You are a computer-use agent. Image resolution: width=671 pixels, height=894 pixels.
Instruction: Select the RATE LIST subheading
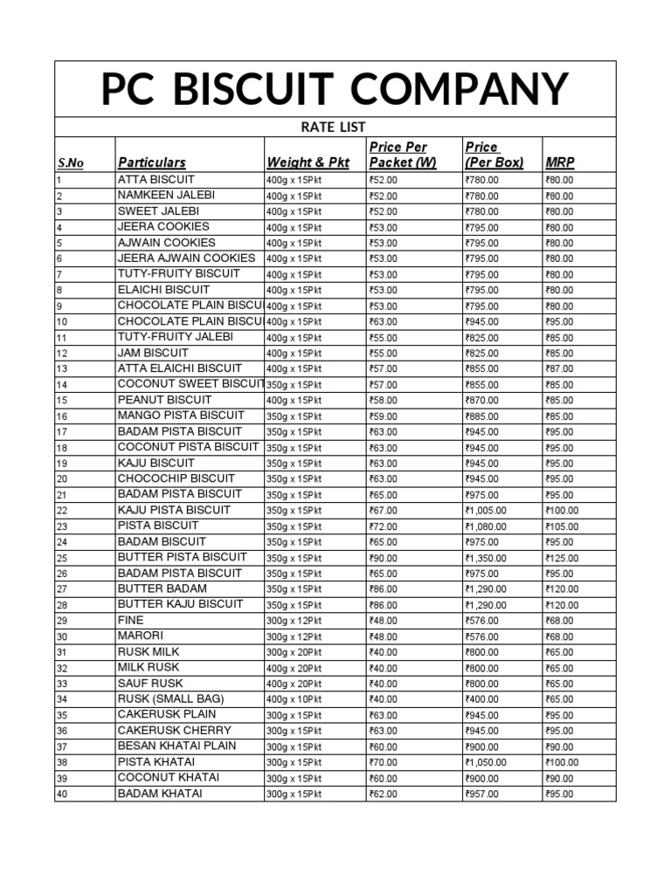click(333, 127)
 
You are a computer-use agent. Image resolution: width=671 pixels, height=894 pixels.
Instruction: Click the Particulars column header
click(151, 162)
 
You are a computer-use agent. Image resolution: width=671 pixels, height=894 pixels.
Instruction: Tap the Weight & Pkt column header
click(308, 162)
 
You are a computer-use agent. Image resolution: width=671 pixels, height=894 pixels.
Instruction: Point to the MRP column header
click(559, 162)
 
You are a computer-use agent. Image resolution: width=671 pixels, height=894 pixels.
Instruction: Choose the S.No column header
click(71, 163)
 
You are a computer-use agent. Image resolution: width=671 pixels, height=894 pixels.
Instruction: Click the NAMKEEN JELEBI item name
click(166, 195)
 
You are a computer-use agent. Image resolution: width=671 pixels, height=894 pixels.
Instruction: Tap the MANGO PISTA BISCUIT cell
click(181, 415)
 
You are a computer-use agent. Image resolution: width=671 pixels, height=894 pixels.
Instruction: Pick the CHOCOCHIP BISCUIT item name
click(176, 478)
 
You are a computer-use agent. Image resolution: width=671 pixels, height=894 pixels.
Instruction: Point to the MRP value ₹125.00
click(562, 557)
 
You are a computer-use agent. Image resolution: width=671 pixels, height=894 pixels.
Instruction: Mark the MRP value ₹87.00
click(559, 368)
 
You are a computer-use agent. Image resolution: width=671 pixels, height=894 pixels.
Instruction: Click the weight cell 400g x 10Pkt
click(294, 699)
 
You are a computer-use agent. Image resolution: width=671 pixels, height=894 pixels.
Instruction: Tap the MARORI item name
click(141, 636)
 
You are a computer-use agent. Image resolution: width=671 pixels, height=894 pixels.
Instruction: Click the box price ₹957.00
click(482, 794)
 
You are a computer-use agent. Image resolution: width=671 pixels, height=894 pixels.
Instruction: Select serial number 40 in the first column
click(61, 794)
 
